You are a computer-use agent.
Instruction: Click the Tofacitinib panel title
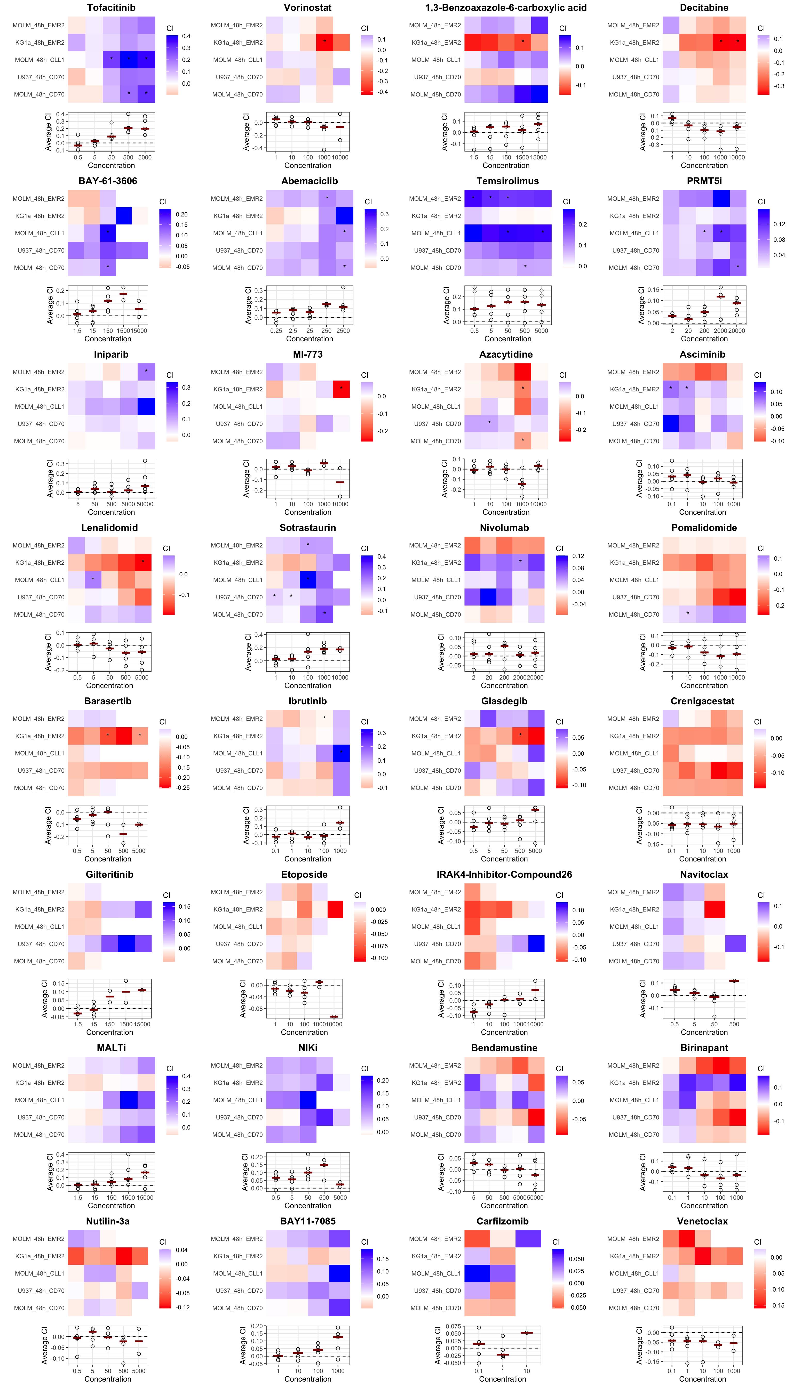tap(111, 8)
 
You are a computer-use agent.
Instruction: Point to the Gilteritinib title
tap(109, 874)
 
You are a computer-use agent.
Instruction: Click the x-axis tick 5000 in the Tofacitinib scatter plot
tap(145, 157)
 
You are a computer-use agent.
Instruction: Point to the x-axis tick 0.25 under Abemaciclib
tap(276, 330)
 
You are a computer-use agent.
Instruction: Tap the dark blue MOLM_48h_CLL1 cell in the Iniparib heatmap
tap(146, 407)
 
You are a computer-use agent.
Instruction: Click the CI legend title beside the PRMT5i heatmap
tap(761, 202)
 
